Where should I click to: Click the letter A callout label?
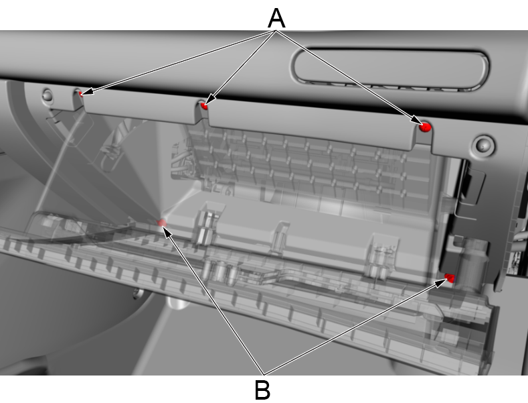(276, 17)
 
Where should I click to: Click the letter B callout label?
(263, 388)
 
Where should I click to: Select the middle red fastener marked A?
(205, 105)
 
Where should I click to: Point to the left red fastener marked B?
(161, 223)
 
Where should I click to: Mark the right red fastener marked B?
(450, 278)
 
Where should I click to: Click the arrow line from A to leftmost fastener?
(174, 61)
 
